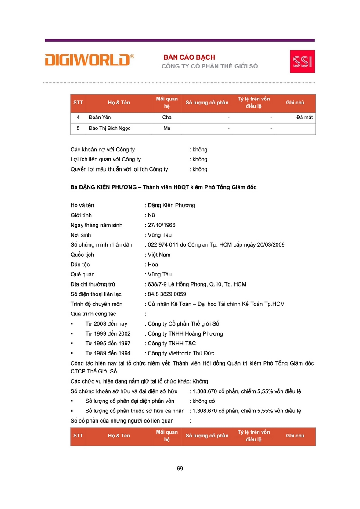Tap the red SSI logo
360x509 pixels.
302,61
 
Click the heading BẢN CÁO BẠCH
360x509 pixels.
189,57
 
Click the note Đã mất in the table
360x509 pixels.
304,118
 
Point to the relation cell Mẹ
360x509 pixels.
167,129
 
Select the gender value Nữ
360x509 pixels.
151,215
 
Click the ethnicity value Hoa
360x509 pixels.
153,265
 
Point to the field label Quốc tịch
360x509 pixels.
82,255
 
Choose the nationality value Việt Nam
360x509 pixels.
159,255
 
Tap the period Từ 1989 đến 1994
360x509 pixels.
108,353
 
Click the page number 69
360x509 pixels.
180,469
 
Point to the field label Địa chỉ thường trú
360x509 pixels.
93,284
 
